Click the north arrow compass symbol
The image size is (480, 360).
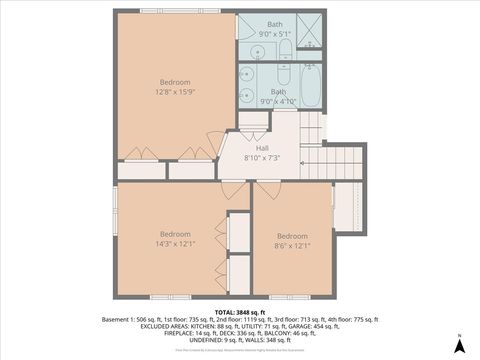(458, 344)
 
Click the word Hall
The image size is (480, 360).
(262, 148)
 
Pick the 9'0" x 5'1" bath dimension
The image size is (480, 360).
(275, 33)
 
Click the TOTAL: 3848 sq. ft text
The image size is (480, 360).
(240, 312)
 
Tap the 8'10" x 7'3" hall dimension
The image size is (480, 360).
(262, 158)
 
